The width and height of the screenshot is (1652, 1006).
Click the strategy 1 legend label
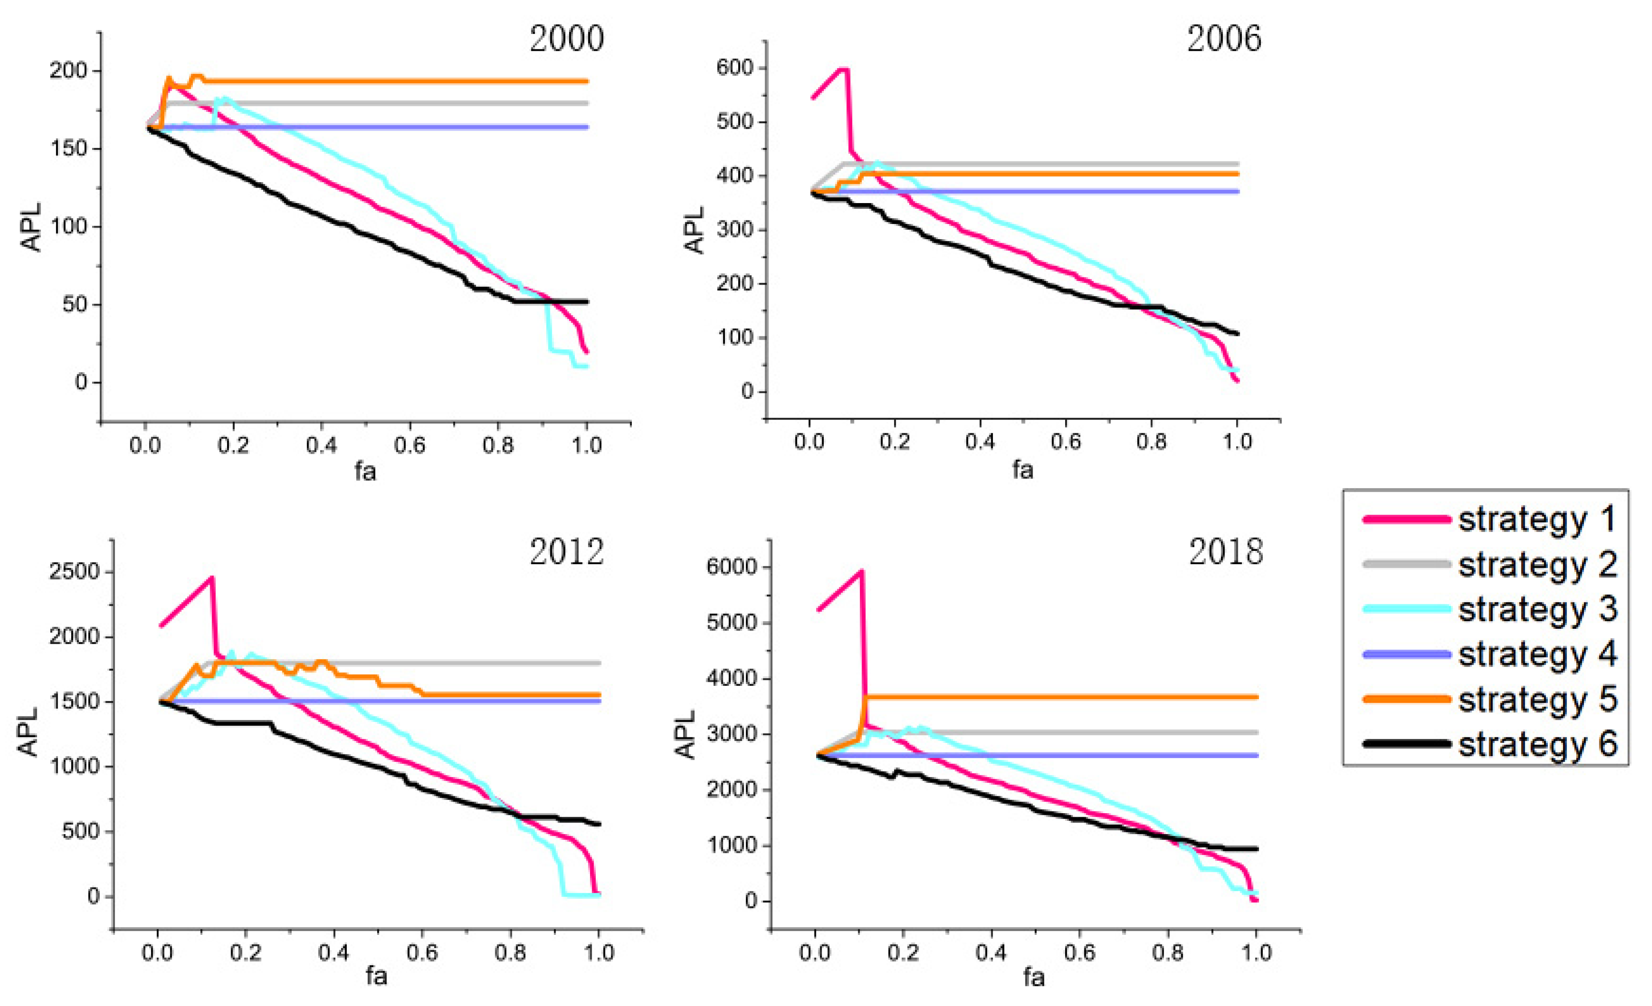click(1537, 520)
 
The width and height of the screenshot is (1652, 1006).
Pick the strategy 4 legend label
click(1537, 654)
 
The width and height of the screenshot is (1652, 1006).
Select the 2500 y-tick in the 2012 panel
click(74, 572)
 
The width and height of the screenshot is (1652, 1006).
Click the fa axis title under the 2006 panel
click(1022, 469)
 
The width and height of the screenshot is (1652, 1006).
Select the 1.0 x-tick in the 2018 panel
click(1256, 953)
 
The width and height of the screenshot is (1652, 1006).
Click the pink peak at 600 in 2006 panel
click(843, 69)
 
